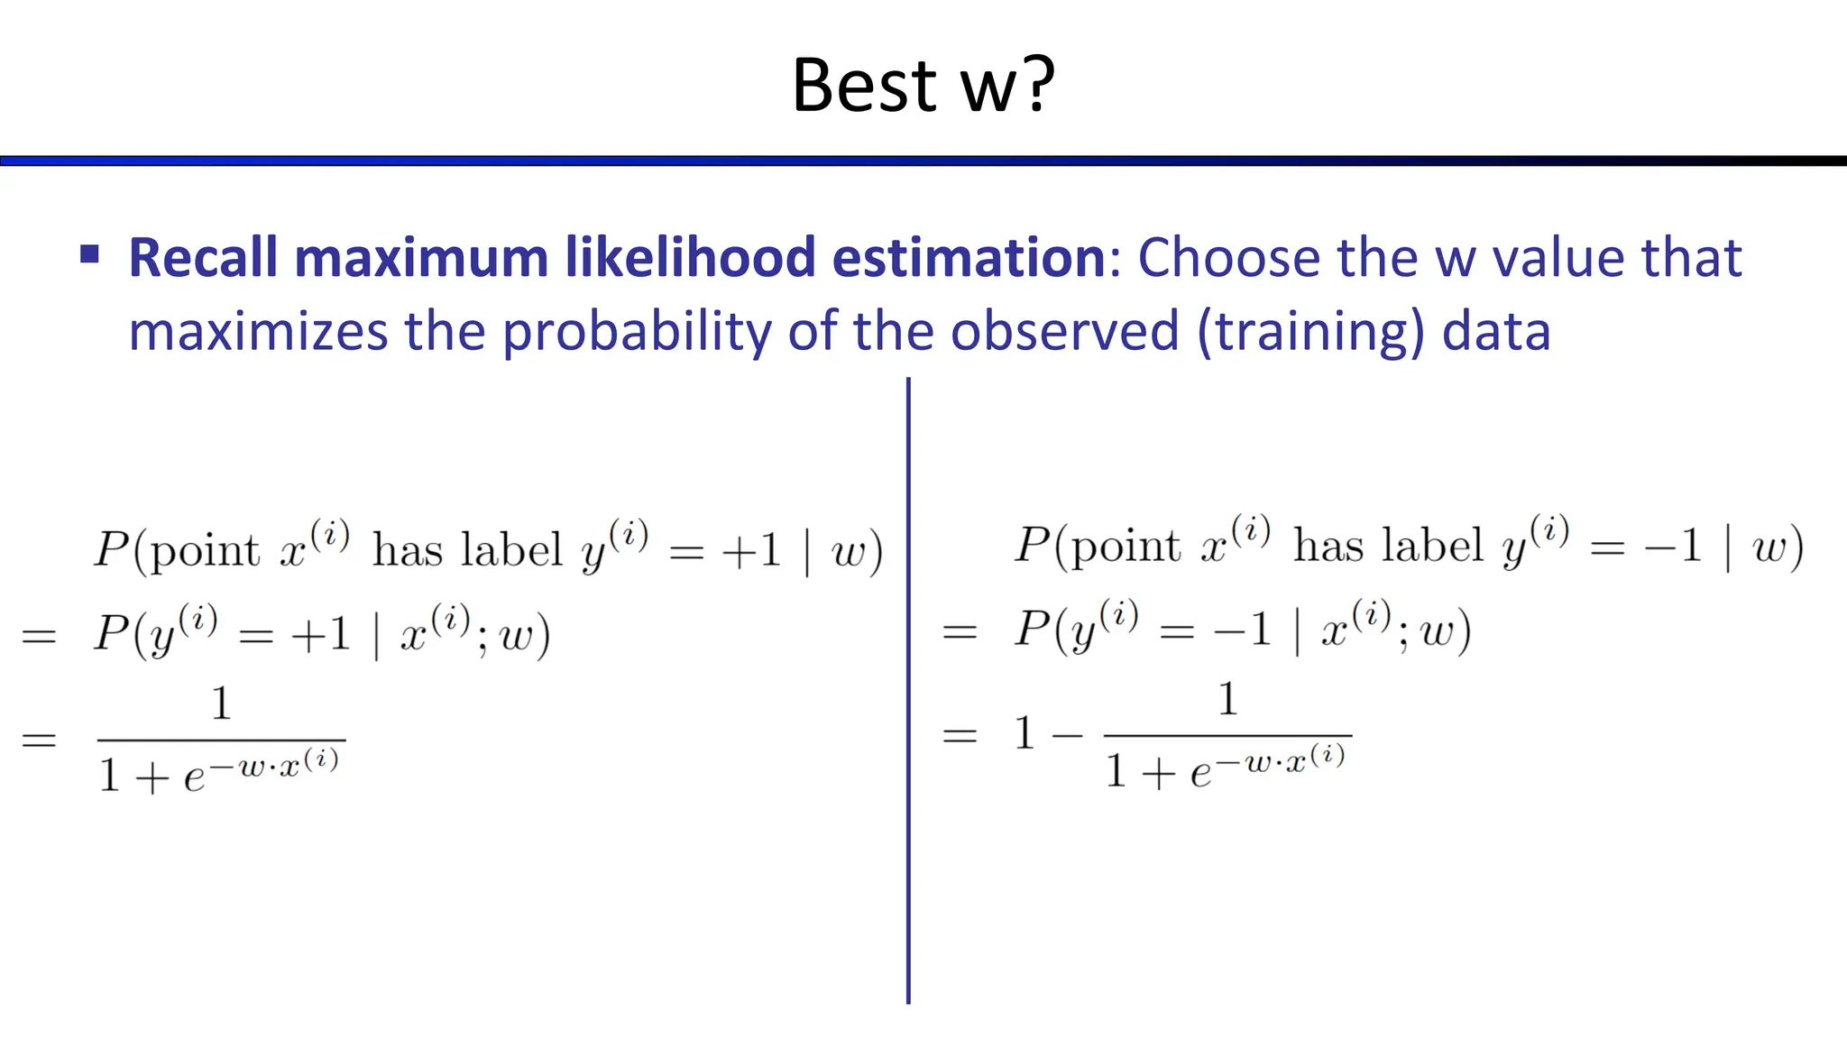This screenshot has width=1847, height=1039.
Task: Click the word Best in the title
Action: point(864,86)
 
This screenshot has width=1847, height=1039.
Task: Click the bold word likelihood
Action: point(690,258)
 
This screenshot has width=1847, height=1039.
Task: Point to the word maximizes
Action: point(258,332)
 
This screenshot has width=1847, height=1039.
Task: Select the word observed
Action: point(1064,332)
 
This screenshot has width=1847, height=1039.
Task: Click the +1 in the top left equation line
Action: point(751,550)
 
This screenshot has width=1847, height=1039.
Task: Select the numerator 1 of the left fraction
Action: point(221,703)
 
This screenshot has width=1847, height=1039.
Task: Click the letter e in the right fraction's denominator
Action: point(1199,773)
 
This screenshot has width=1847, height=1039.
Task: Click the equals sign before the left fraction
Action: point(39,740)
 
